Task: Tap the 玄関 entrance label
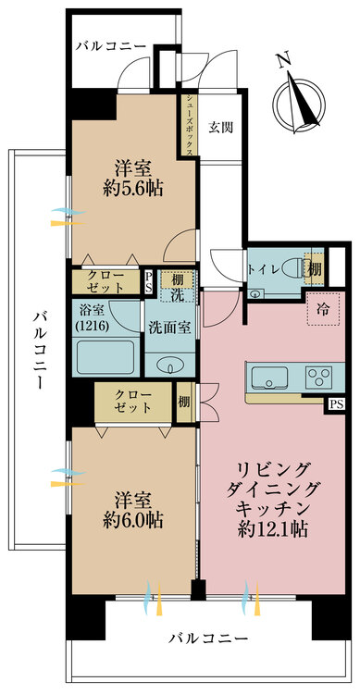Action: pos(219,126)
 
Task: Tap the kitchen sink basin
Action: pos(267,377)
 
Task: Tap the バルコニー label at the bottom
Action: pos(208,639)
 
